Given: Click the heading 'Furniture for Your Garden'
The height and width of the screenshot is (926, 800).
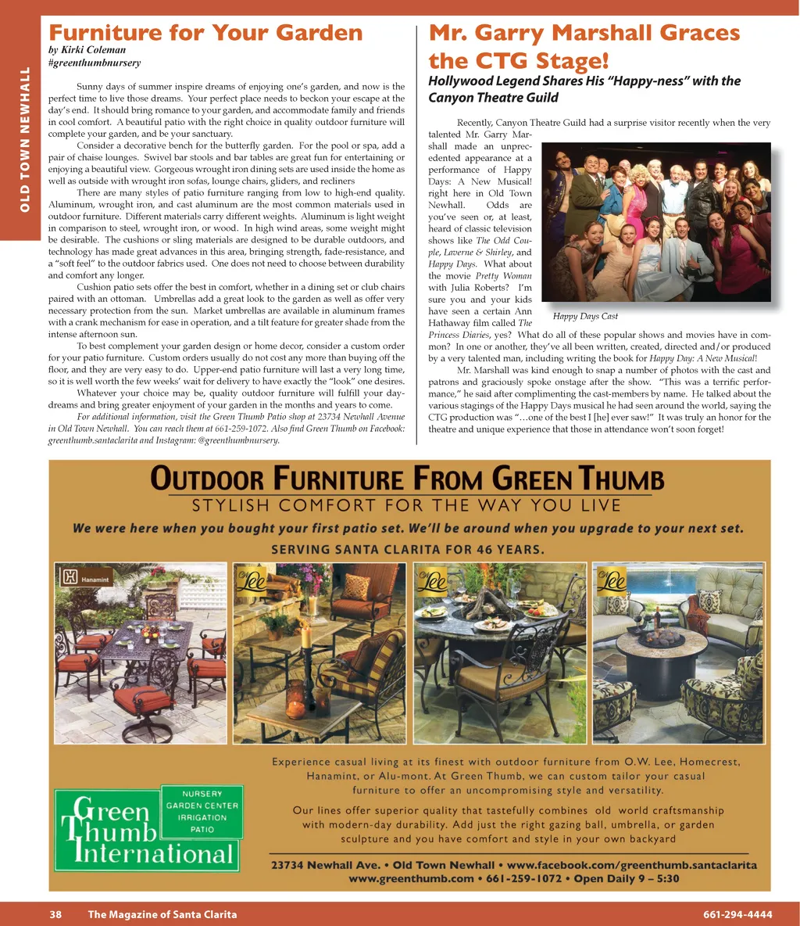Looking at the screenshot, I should pyautogui.click(x=205, y=33).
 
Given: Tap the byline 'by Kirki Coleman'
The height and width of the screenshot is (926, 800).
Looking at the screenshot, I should pyautogui.click(x=87, y=50).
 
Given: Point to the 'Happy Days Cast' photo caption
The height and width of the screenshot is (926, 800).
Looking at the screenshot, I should pyautogui.click(x=585, y=316).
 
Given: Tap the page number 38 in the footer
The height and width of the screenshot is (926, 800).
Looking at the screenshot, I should pyautogui.click(x=55, y=914).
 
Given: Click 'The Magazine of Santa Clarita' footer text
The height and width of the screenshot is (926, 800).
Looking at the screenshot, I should pyautogui.click(x=162, y=914).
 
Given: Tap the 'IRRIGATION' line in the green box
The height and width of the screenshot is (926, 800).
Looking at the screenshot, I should pyautogui.click(x=202, y=817).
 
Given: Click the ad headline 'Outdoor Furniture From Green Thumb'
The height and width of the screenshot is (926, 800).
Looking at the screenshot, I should pyautogui.click(x=407, y=478).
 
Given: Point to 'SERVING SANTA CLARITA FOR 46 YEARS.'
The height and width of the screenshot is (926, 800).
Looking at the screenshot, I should pyautogui.click(x=407, y=549).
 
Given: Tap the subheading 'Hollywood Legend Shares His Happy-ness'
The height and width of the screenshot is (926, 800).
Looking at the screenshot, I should pyautogui.click(x=584, y=88).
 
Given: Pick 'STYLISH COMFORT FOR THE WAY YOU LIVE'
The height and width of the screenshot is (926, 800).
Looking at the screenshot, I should pyautogui.click(x=407, y=505).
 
